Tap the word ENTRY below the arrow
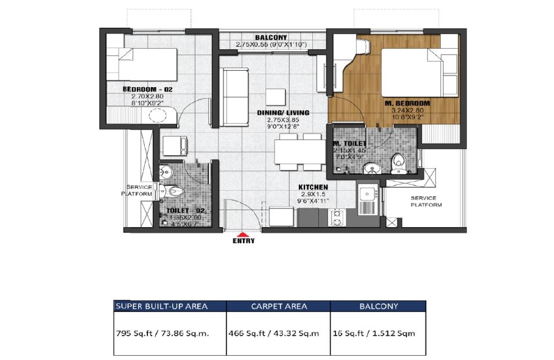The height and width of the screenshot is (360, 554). coord(243,241)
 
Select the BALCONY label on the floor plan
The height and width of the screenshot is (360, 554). coord(271,37)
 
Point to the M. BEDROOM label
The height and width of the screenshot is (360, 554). coord(407,103)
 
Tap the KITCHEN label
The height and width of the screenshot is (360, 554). coord(313,187)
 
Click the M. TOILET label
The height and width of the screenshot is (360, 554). coord(349,144)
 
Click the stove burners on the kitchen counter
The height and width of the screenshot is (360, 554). coord(337,217)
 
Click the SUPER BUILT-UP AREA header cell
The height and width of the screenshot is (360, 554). coord(170,306)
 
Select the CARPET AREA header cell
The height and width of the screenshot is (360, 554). coord(278,306)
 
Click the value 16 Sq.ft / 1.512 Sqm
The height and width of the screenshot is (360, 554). coord(375,334)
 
